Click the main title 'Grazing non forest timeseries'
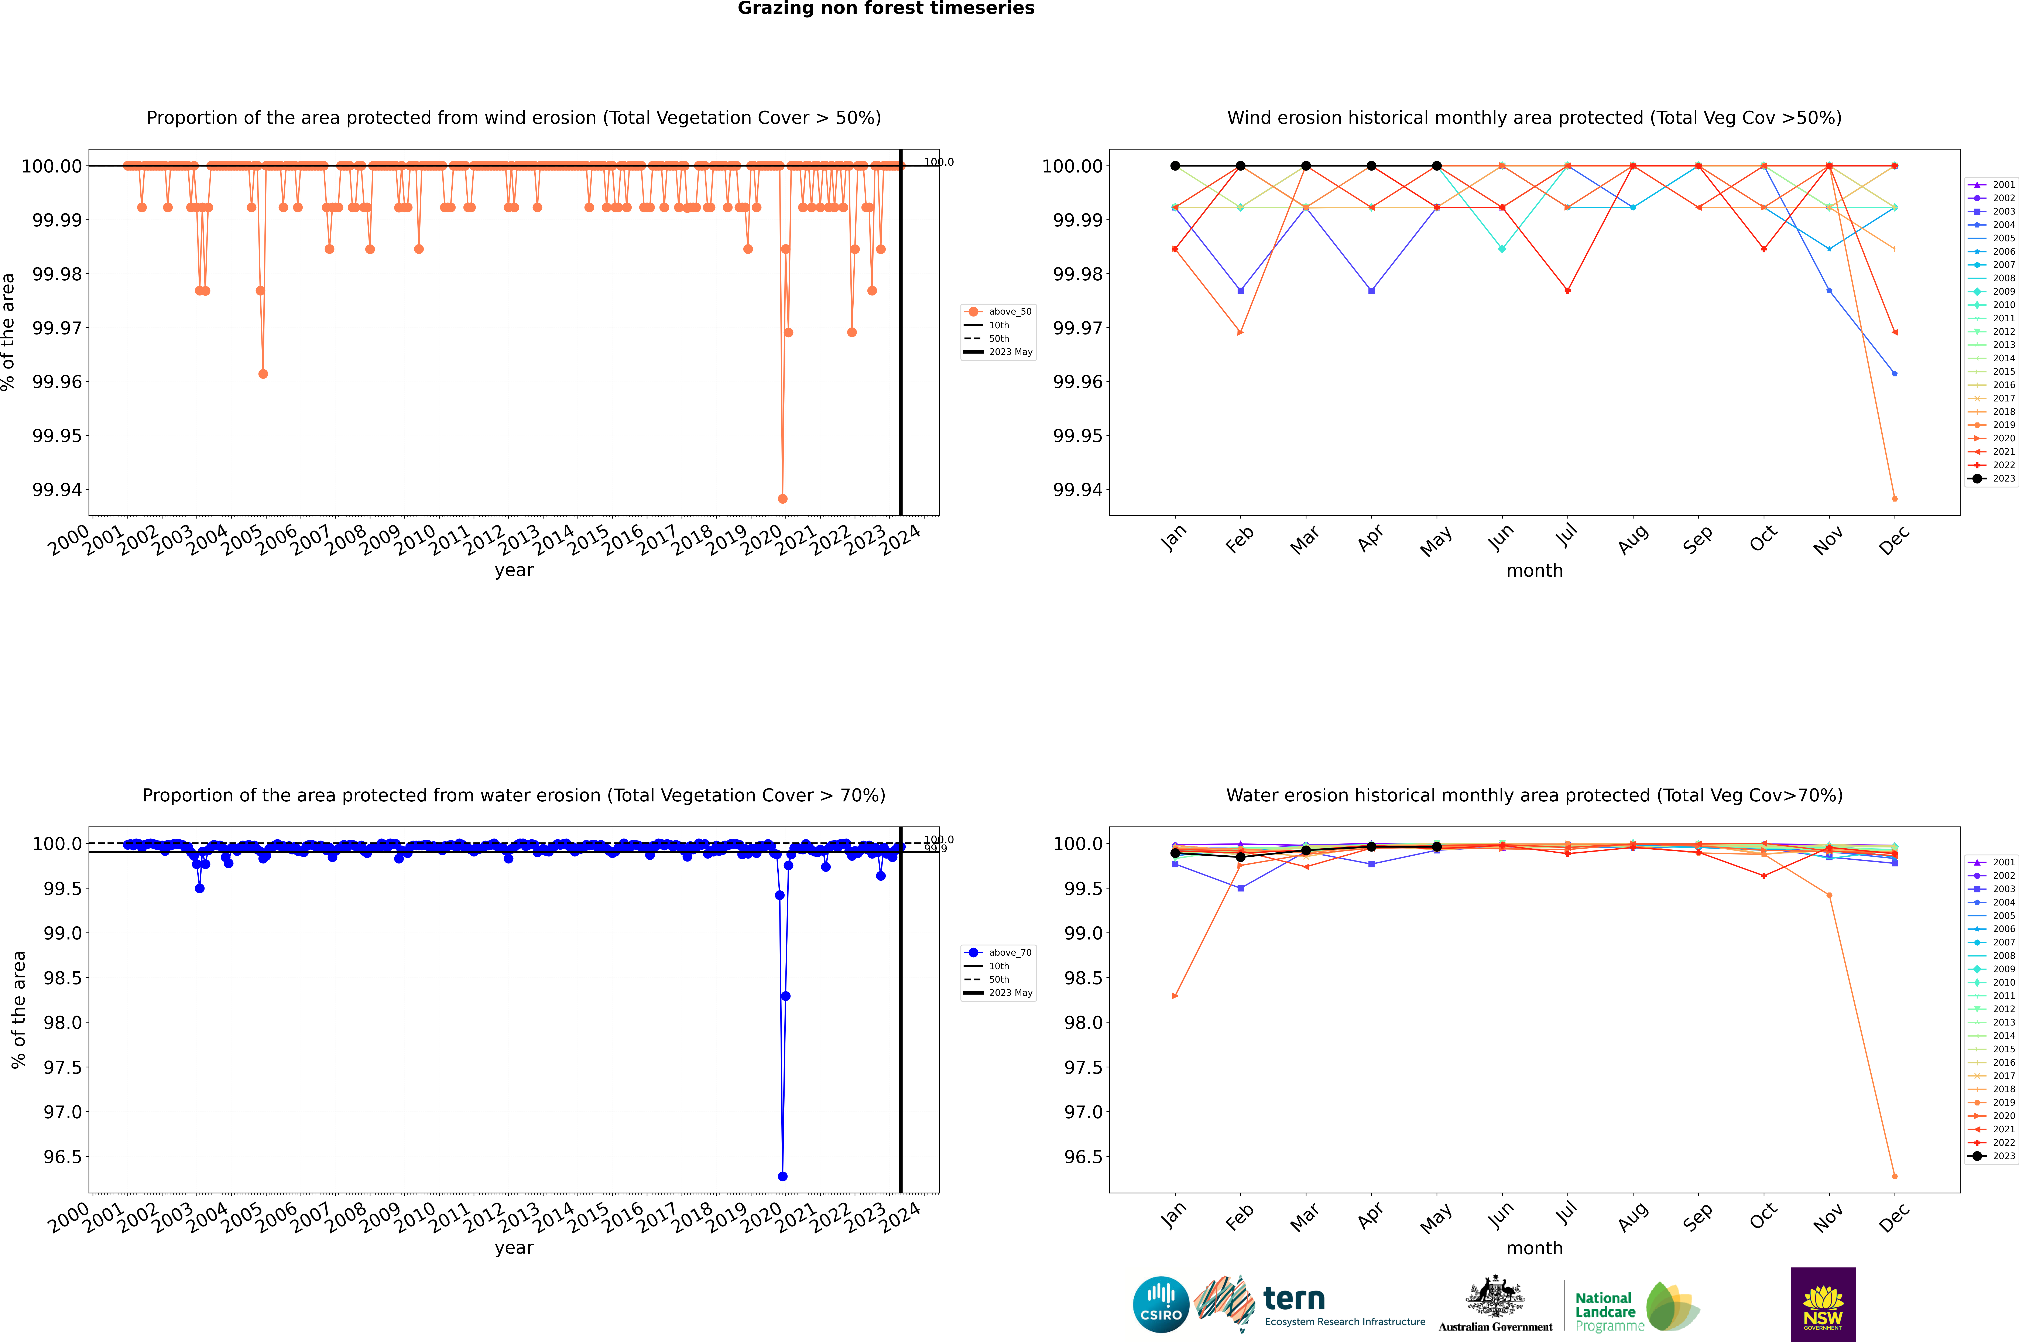(x=886, y=8)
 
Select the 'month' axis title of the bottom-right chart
(x=1534, y=1248)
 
